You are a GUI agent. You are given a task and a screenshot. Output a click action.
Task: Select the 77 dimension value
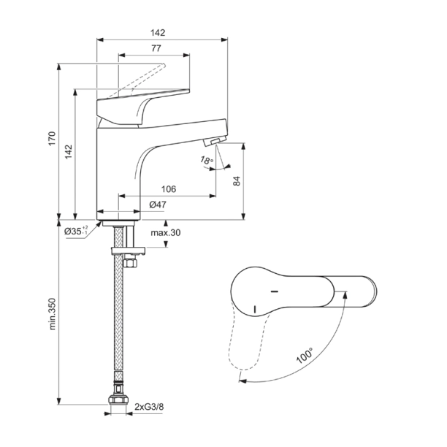click(156, 48)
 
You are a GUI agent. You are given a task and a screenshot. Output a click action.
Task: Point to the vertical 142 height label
click(69, 150)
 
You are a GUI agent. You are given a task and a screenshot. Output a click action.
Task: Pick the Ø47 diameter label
click(158, 205)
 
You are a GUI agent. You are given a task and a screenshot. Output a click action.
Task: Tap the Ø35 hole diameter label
click(76, 231)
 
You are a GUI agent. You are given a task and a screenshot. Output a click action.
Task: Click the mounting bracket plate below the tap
click(127, 251)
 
